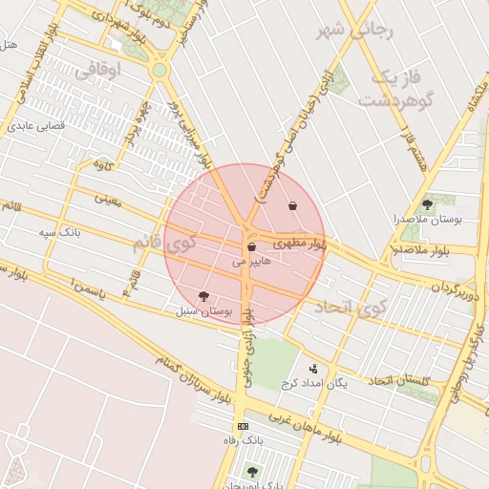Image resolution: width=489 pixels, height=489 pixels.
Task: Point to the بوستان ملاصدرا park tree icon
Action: [426, 203]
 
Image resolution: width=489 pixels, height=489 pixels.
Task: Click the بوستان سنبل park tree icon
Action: [202, 296]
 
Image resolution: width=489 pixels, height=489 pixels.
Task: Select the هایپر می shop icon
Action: [251, 246]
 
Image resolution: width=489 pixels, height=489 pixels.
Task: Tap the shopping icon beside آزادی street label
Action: [291, 205]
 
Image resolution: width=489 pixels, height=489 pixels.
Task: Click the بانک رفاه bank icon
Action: [243, 426]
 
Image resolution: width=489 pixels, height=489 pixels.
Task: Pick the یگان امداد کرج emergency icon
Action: [313, 369]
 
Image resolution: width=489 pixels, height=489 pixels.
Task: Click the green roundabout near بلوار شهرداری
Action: [159, 70]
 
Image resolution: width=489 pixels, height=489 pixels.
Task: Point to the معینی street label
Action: [107, 199]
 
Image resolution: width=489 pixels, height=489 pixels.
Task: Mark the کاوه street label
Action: [102, 165]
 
